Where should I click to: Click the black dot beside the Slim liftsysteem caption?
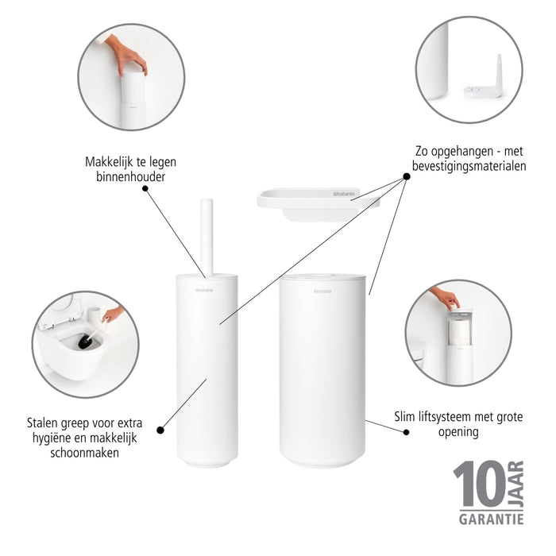tap(406, 432)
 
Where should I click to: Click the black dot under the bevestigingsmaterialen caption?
tap(406, 177)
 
